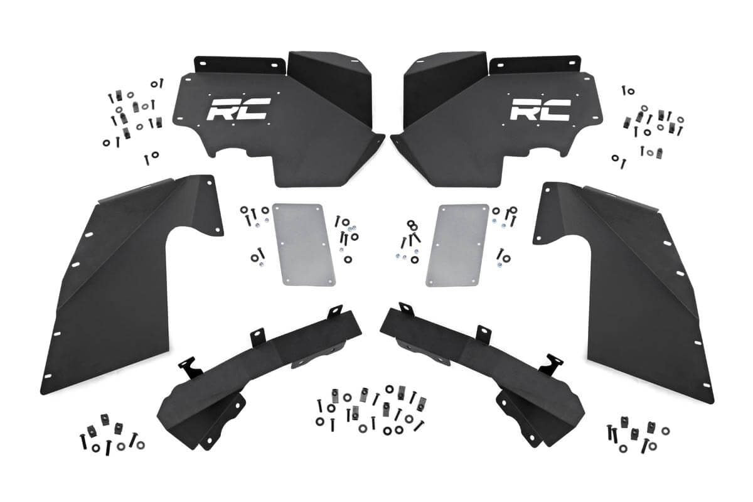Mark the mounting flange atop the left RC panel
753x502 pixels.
tap(235, 64)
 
